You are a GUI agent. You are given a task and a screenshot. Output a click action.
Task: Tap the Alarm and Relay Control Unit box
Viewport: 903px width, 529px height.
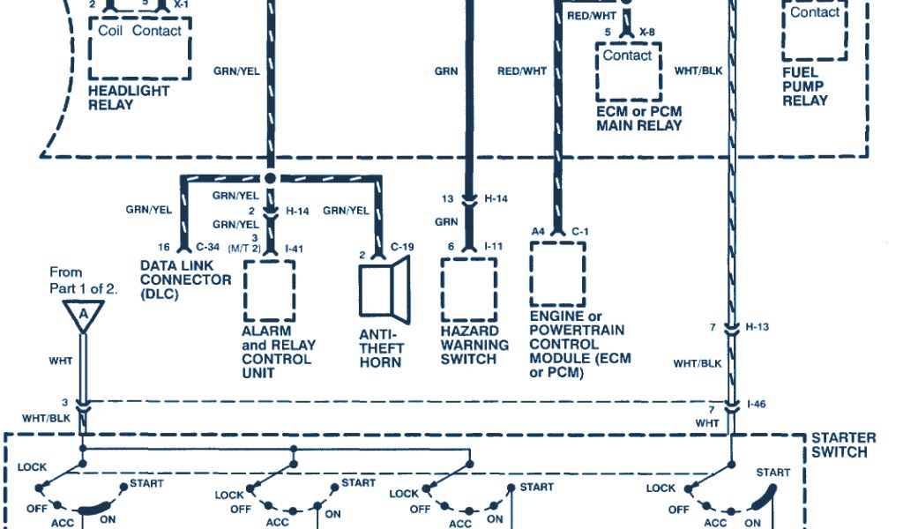click(x=269, y=289)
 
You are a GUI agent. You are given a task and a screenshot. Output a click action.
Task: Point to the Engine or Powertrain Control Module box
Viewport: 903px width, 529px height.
click(x=557, y=274)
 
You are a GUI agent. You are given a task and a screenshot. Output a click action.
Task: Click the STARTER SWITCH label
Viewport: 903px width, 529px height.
click(x=844, y=445)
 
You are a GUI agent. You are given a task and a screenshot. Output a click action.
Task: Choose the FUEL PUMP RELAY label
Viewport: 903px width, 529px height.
click(x=805, y=86)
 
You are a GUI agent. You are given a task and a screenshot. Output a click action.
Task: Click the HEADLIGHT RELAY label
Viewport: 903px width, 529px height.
click(x=129, y=97)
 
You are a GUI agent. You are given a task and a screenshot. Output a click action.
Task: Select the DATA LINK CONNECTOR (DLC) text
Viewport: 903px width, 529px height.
click(x=185, y=279)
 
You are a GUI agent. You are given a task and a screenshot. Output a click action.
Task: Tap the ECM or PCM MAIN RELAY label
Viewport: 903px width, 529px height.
click(x=638, y=119)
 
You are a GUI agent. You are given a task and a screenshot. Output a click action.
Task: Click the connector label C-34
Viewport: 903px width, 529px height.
click(x=208, y=247)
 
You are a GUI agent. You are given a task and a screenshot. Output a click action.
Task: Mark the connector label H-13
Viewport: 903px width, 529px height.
click(x=758, y=327)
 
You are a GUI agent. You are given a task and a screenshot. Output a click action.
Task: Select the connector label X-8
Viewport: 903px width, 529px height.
click(x=648, y=33)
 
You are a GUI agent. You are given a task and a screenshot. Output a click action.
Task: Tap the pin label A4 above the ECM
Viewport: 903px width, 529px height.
click(x=538, y=231)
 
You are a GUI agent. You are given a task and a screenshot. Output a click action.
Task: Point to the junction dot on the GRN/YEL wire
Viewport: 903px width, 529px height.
click(x=271, y=177)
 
